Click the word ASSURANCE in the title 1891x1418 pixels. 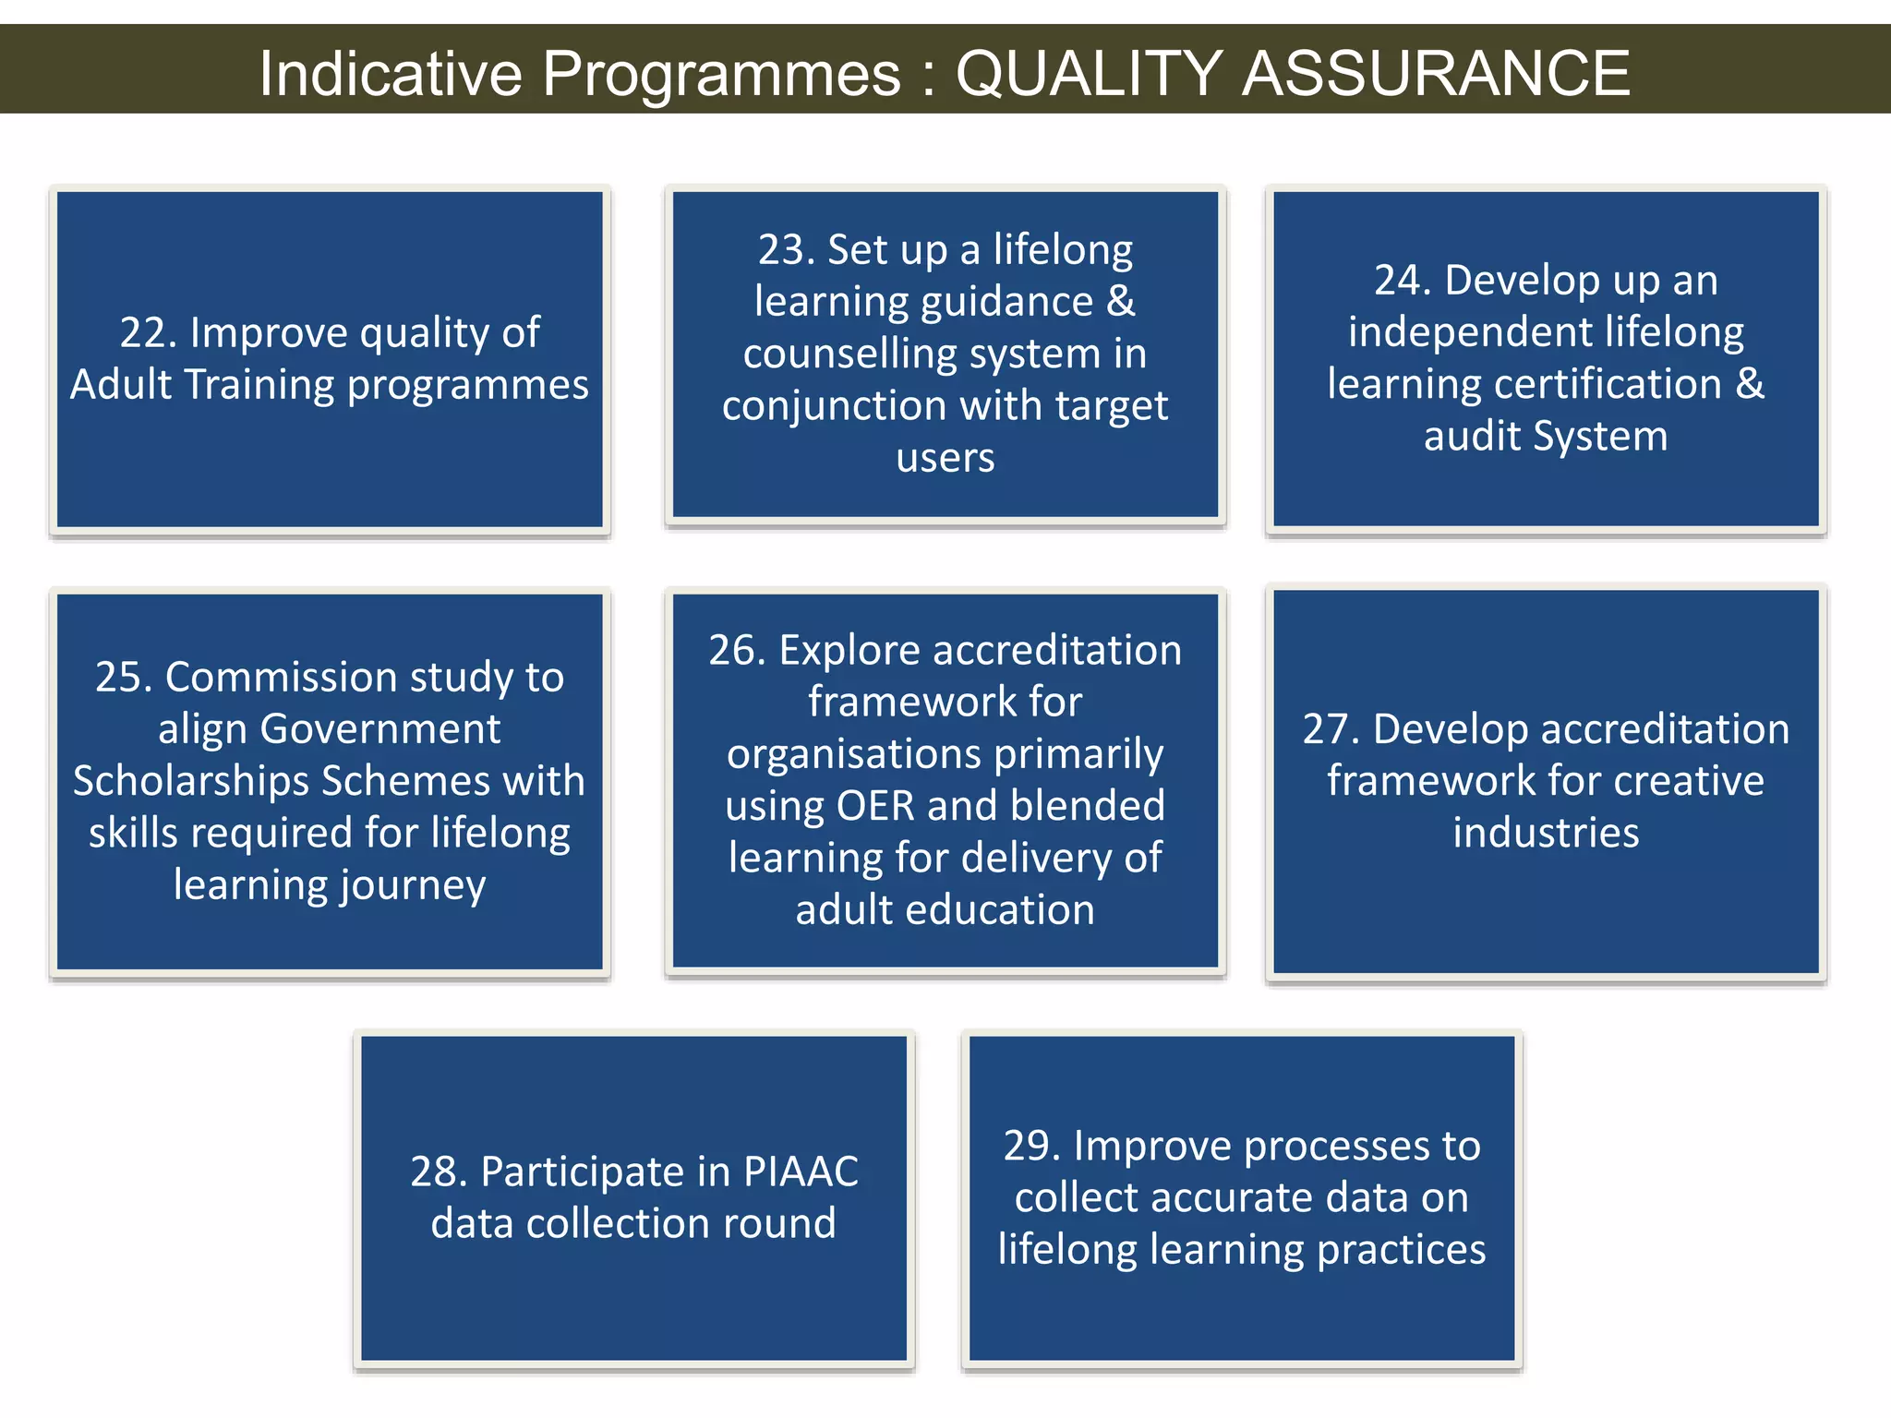tap(1436, 73)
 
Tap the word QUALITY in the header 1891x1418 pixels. tap(1089, 73)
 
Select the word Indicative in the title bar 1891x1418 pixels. tap(391, 73)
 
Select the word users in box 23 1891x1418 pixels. tap(945, 458)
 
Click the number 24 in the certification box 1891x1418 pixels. tap(1397, 281)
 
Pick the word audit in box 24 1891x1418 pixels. tap(1471, 437)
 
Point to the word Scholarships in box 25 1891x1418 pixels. tap(191, 782)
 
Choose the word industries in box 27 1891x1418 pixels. tap(1546, 834)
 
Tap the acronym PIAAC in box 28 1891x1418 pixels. tap(801, 1172)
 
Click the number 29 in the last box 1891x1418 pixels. tap(1027, 1147)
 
